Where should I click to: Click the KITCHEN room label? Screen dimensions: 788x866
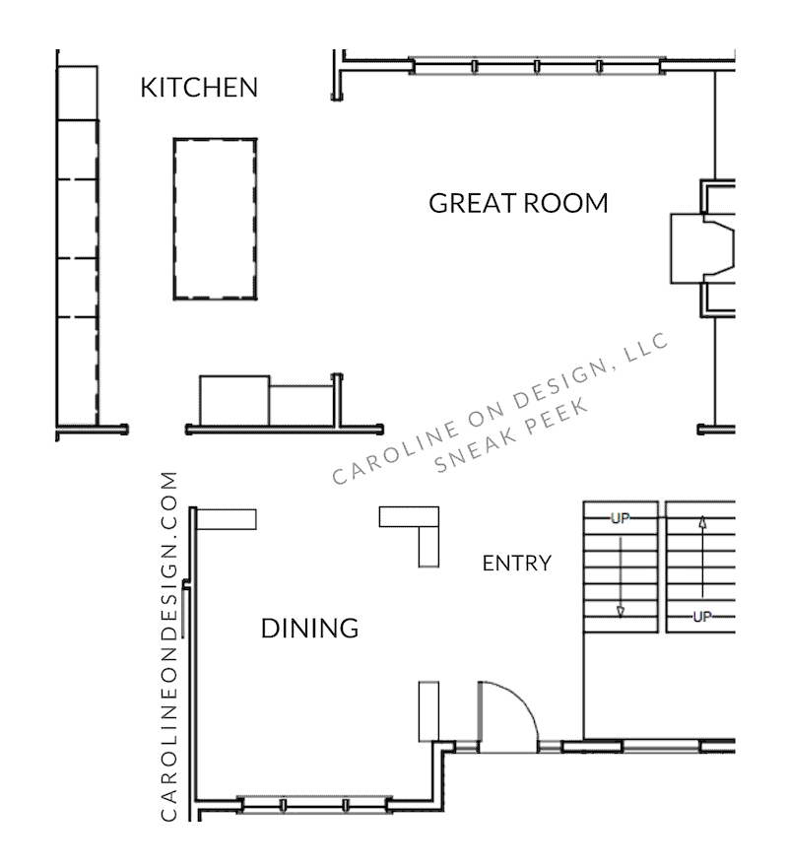coord(199,88)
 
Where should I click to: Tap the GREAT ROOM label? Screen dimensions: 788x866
coord(518,203)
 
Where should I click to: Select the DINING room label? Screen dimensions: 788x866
coord(310,628)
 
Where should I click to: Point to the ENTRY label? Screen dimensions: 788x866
coord(517,563)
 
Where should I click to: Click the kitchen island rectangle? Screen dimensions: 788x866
coord(216,219)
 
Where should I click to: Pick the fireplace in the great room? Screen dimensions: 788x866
coord(702,248)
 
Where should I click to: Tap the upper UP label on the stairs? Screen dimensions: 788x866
coord(621,518)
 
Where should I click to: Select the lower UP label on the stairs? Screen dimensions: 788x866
coord(702,617)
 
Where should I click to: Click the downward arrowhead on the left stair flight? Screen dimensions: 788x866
coord(621,612)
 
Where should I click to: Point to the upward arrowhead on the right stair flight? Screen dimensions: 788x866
coord(702,522)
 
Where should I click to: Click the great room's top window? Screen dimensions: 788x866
coord(537,66)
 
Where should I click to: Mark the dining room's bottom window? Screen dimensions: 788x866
coord(314,804)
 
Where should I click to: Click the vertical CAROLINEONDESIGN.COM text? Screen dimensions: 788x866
coord(169,645)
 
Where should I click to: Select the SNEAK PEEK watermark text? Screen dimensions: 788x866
coord(511,435)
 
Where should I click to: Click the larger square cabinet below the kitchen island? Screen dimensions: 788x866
coord(234,400)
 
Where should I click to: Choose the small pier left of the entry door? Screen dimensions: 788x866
coord(429,711)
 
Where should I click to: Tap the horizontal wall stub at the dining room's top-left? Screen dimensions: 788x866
coord(227,519)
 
